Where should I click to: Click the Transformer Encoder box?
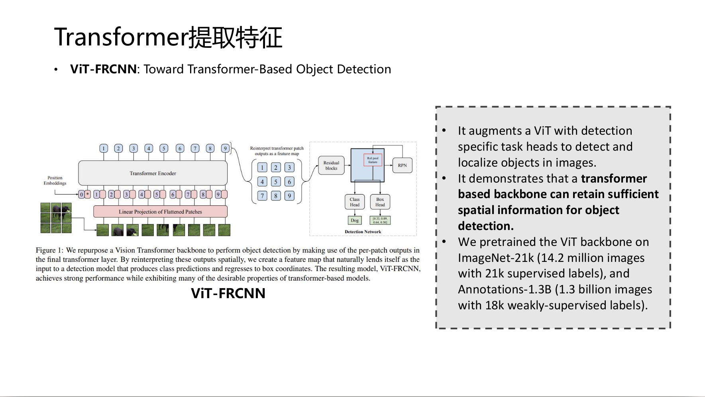153,173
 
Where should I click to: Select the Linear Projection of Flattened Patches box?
160,212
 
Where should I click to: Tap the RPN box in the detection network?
402,165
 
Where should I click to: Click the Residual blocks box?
331,165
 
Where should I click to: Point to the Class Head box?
354,202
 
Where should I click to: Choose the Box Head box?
380,202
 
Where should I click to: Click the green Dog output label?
354,220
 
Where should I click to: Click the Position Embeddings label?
55,181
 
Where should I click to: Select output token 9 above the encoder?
225,149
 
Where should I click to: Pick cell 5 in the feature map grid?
276,182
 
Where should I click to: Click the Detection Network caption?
363,232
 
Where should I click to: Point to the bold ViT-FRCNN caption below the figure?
228,293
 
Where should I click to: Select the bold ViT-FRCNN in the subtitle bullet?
103,69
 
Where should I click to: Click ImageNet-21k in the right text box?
495,258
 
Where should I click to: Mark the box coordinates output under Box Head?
380,220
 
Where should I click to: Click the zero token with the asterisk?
84,195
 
